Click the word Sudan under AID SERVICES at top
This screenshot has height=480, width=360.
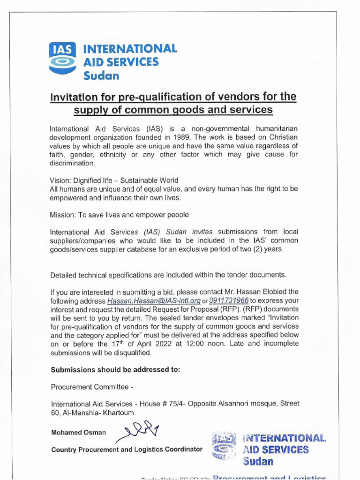click(x=101, y=75)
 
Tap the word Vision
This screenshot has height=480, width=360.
click(x=60, y=180)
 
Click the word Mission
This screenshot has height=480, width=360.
click(x=62, y=215)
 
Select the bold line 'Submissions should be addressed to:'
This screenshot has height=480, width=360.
click(x=115, y=369)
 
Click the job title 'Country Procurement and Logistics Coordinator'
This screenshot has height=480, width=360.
click(x=127, y=450)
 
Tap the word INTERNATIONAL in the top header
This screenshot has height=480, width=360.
click(x=130, y=48)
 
